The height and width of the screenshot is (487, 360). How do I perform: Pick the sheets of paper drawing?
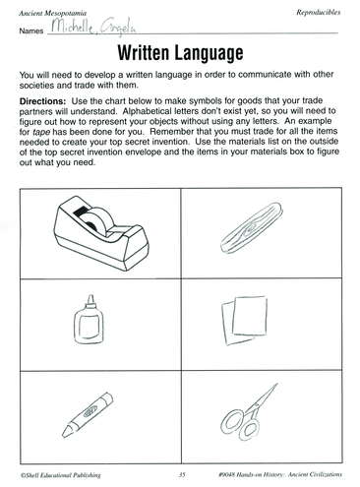coord(244,321)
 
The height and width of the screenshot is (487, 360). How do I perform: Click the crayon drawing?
coord(88,414)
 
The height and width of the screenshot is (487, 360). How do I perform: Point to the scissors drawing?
coord(249,412)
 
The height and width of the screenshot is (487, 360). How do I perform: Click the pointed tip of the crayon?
coord(64,434)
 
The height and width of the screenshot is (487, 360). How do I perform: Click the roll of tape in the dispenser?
coord(97,221)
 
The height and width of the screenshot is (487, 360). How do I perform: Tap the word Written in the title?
coord(143,53)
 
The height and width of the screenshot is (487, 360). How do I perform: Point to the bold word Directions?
coord(42,100)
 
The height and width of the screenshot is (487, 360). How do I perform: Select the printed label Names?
coord(31,30)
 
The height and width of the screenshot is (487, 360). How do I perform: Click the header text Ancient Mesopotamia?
coord(53,14)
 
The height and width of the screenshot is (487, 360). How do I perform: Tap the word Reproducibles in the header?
coord(319,13)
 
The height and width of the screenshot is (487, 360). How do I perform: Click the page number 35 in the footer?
coord(182,474)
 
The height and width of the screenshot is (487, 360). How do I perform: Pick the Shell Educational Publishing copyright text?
coord(60,475)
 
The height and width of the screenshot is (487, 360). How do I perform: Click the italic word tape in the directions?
coord(41,132)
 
